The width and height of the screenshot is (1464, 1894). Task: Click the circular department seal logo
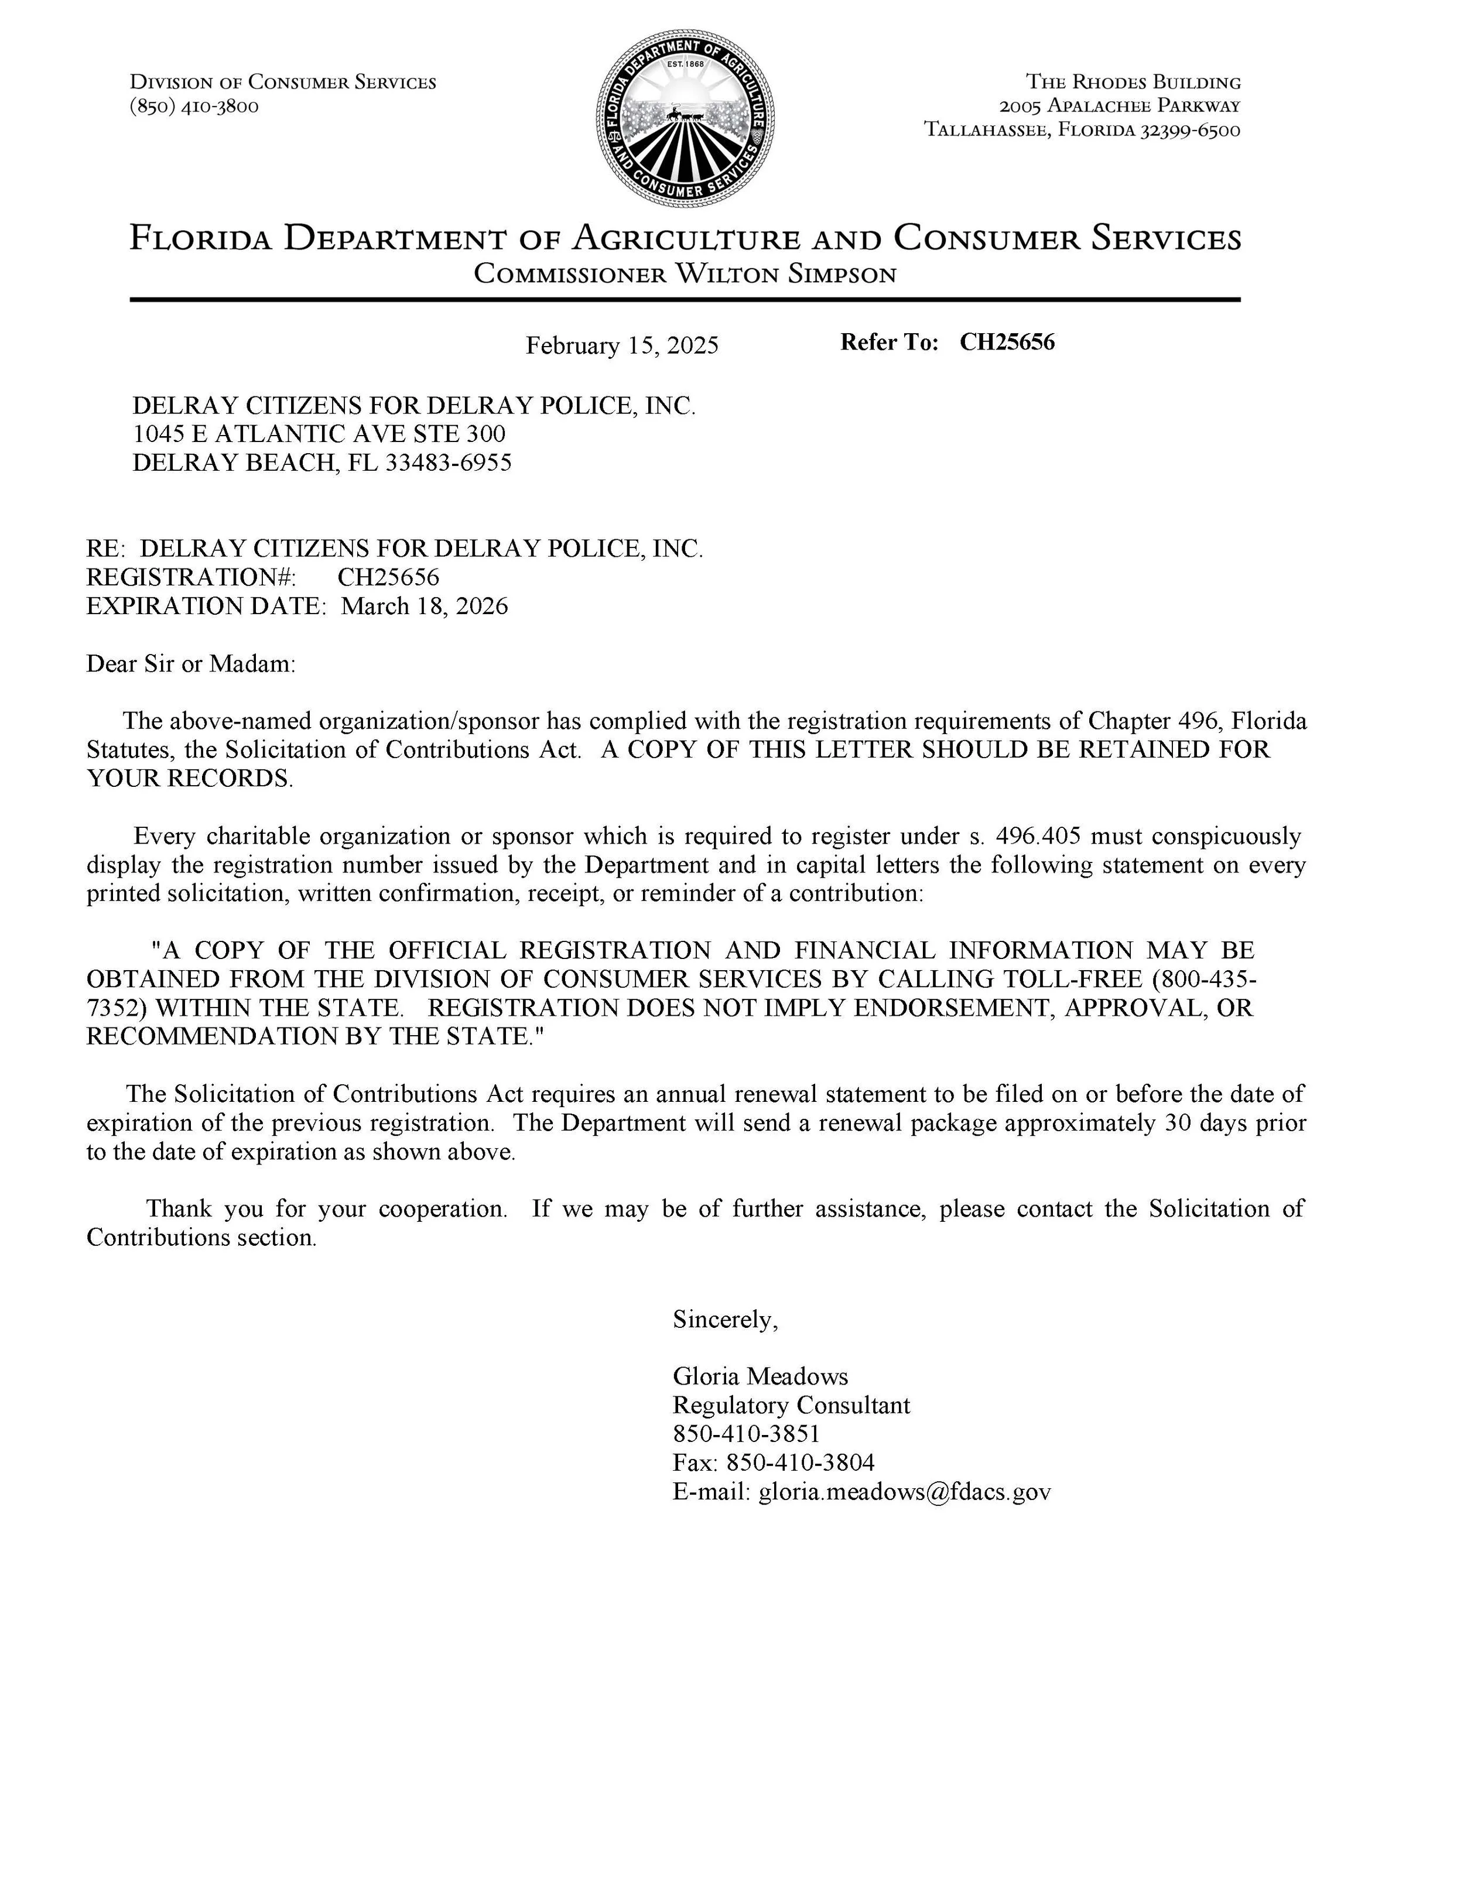click(685, 119)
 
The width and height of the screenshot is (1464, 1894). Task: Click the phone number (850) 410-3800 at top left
click(194, 107)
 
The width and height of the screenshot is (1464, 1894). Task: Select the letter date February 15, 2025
click(622, 346)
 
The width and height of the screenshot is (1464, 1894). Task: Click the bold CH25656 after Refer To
click(1006, 343)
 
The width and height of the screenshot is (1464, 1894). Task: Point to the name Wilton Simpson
click(785, 275)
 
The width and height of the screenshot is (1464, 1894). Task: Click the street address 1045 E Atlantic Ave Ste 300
click(319, 434)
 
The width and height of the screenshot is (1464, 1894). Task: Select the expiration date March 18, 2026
click(424, 606)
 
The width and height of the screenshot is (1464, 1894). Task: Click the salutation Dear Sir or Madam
click(191, 665)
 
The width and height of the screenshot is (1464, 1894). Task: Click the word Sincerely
click(725, 1320)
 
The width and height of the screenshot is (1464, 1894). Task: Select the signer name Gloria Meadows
click(760, 1377)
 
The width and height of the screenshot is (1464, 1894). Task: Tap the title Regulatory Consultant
click(791, 1406)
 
